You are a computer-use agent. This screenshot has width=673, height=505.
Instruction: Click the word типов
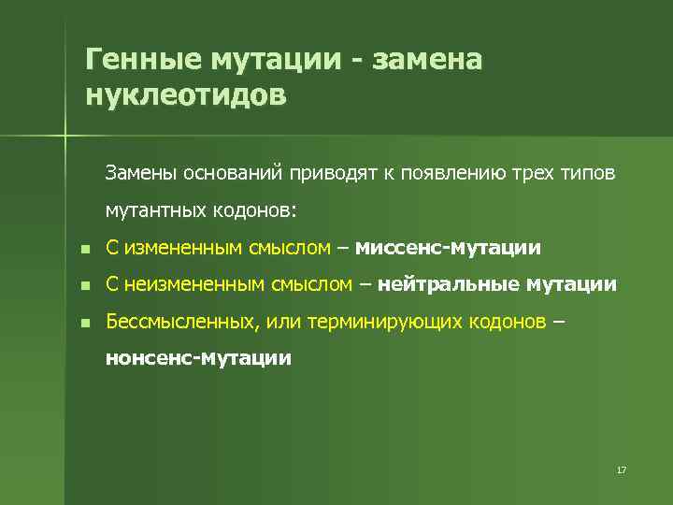pyautogui.click(x=587, y=172)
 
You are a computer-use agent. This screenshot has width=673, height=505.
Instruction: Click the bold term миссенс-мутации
pyautogui.click(x=448, y=248)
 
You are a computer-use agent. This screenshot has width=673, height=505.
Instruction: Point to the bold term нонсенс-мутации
pyautogui.click(x=198, y=358)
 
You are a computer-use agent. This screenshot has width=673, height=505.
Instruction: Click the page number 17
pyautogui.click(x=621, y=469)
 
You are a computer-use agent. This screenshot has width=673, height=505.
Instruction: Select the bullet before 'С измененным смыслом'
pyautogui.click(x=84, y=249)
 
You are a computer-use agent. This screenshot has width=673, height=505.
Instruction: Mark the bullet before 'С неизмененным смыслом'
pyautogui.click(x=84, y=285)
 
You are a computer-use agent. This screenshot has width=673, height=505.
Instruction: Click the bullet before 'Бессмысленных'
pyautogui.click(x=84, y=323)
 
